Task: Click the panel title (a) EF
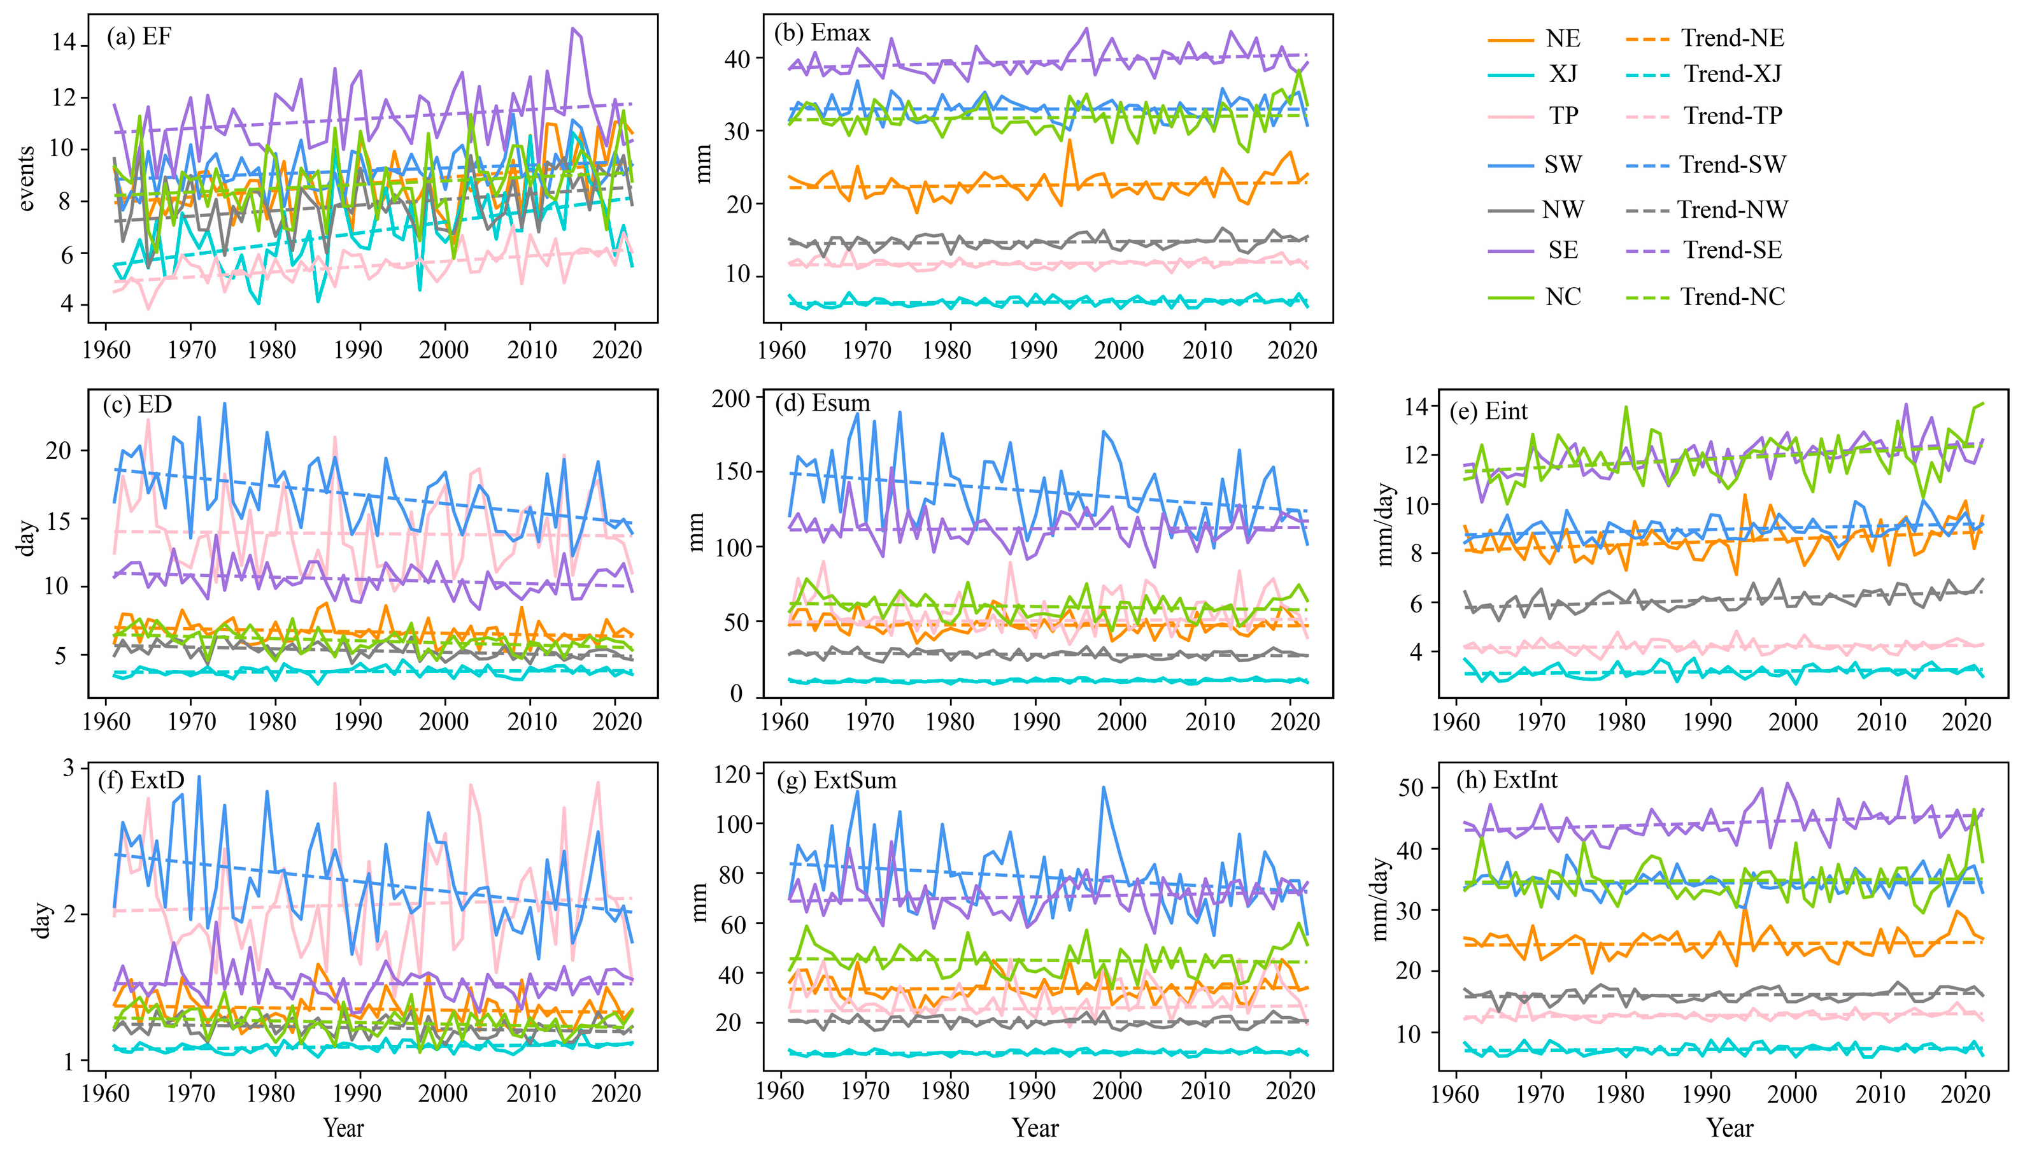(139, 38)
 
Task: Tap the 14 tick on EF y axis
(64, 42)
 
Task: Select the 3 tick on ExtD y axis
(68, 768)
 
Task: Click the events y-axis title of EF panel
(26, 178)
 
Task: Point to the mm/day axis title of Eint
(1384, 523)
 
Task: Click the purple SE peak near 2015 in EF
(572, 29)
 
